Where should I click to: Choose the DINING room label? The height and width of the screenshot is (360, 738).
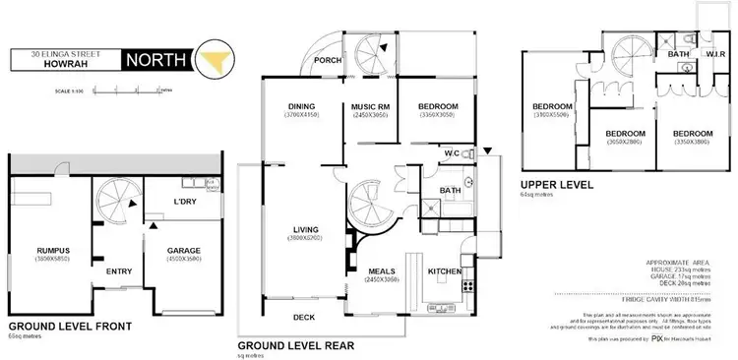[x=301, y=106]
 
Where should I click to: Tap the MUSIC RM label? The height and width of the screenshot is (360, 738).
[x=371, y=106]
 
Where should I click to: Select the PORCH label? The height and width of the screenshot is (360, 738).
[x=327, y=59]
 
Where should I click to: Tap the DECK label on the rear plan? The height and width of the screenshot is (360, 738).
[x=304, y=317]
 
